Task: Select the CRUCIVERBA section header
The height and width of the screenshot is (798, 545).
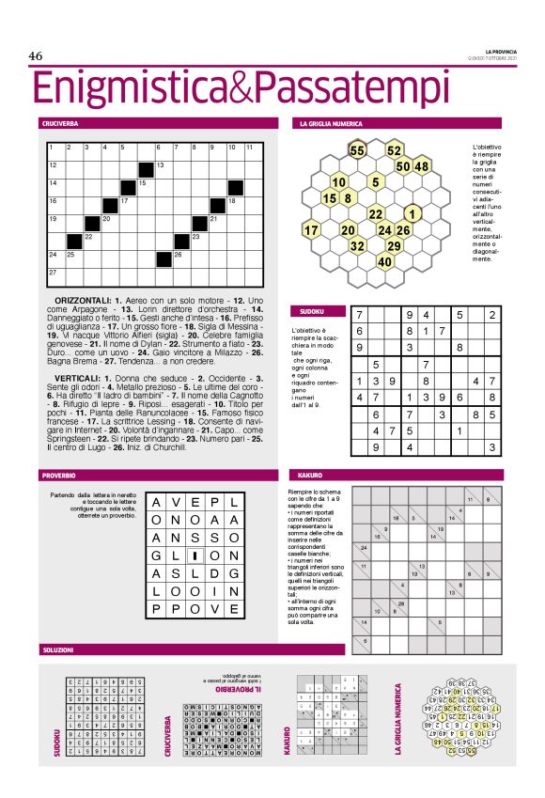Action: click(60, 124)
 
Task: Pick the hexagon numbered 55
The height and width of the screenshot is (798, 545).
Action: click(357, 150)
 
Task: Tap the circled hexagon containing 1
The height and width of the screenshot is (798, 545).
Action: click(412, 213)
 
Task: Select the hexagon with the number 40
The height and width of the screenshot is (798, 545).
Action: click(384, 262)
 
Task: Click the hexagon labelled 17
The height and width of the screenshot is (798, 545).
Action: click(311, 230)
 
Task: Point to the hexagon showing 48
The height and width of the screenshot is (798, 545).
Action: click(421, 166)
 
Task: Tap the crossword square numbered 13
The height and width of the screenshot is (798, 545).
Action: click(162, 166)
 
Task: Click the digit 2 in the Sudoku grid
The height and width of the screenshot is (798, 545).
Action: click(491, 315)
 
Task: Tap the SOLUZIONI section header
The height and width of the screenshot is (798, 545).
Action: click(58, 649)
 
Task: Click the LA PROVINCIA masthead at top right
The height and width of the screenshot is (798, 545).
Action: click(501, 50)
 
